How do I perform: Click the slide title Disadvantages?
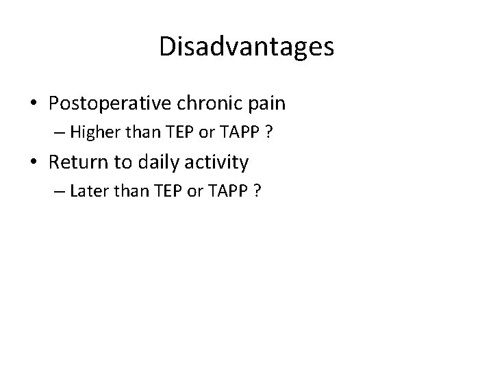tap(246, 47)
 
